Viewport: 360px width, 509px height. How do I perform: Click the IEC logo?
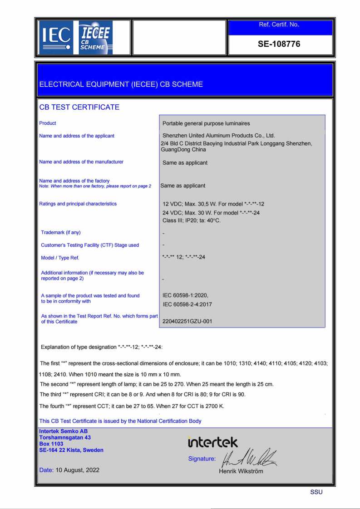coord(56,37)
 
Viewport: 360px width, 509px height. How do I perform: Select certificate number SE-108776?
coord(279,44)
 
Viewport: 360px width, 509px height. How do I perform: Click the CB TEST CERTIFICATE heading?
coord(79,107)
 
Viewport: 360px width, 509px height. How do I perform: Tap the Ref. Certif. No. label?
coord(279,24)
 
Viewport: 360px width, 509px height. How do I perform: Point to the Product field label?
coord(48,123)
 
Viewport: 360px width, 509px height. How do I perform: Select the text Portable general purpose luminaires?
coord(206,123)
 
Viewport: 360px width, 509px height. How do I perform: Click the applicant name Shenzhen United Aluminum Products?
coord(219,135)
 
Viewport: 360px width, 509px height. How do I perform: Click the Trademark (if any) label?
coord(61,233)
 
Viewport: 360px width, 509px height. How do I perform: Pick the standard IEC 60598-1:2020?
coord(185,295)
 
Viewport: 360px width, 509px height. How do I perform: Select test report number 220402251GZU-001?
coord(187,321)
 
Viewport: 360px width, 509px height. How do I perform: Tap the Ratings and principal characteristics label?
coord(78,204)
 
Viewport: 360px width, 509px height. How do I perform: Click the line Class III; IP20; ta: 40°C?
coord(192,220)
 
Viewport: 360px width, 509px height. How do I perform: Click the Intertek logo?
coord(212,442)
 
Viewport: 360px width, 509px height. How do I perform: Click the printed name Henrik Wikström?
coord(241,471)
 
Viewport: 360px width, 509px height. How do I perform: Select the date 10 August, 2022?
coord(78,470)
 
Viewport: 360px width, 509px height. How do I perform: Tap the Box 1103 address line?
coord(51,444)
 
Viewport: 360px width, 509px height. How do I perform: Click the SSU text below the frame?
coord(316,492)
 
